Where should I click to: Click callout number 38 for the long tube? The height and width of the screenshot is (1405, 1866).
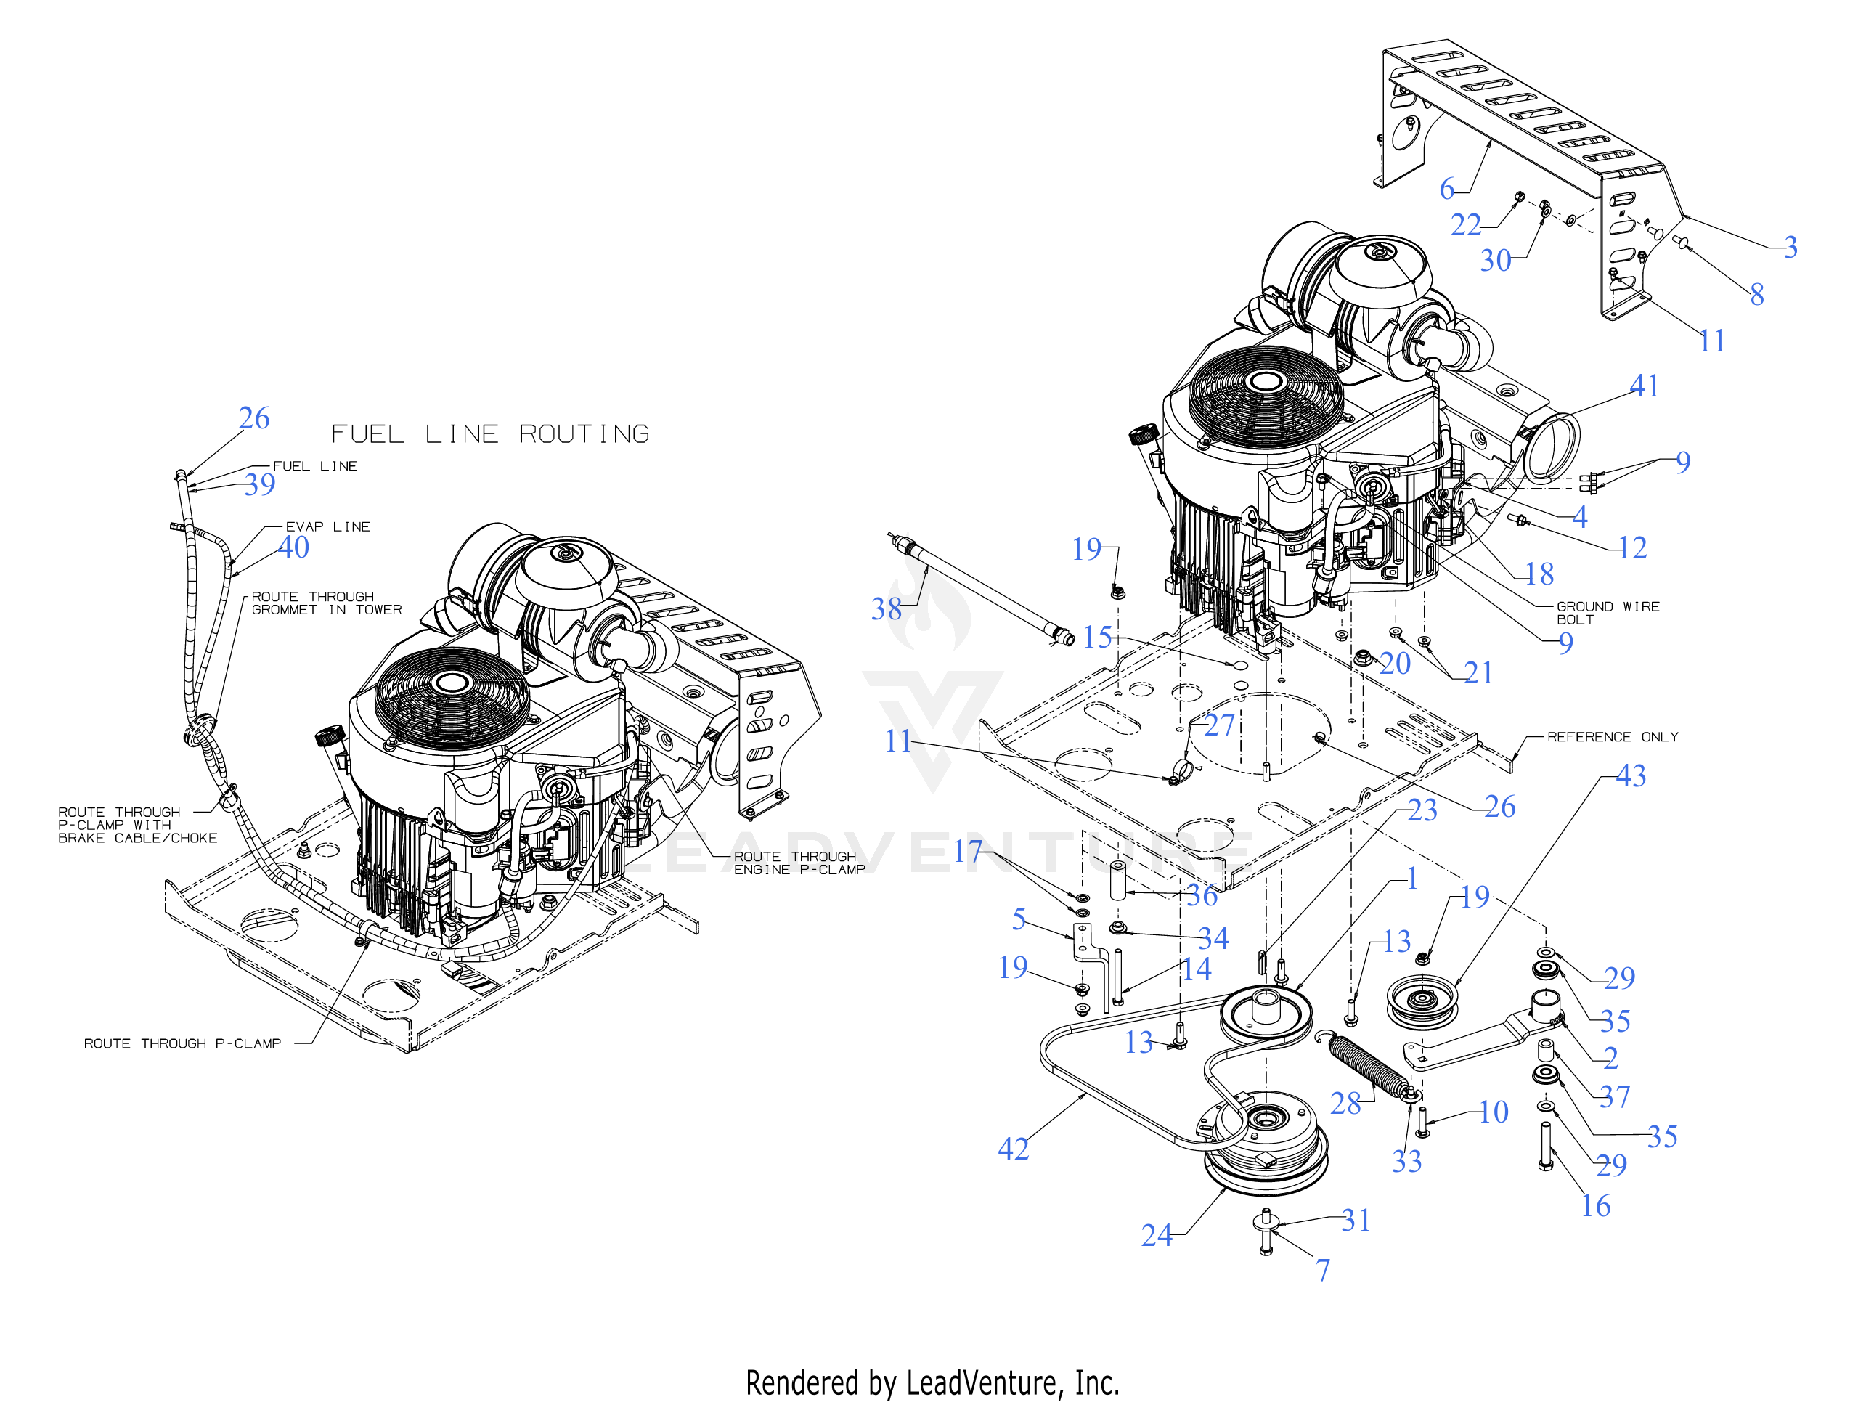click(887, 608)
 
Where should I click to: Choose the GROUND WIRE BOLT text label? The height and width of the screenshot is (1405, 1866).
click(1607, 613)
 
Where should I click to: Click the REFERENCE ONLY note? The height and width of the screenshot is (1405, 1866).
click(1612, 737)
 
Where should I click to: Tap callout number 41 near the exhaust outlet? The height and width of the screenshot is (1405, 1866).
click(1644, 386)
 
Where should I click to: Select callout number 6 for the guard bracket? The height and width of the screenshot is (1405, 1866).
click(1447, 188)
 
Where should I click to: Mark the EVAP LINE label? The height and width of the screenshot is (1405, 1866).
click(327, 526)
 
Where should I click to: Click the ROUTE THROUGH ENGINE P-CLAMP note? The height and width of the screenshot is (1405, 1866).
click(799, 863)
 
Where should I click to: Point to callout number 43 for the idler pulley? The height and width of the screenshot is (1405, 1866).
click(1631, 775)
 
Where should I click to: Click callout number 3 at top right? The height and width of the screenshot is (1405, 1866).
click(1790, 248)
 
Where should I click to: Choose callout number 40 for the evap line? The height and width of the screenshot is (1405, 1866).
click(293, 547)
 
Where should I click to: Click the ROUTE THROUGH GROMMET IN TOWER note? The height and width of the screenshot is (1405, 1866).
click(325, 603)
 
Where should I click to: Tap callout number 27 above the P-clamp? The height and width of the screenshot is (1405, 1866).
click(1219, 725)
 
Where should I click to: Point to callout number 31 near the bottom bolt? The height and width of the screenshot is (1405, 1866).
click(1356, 1220)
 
